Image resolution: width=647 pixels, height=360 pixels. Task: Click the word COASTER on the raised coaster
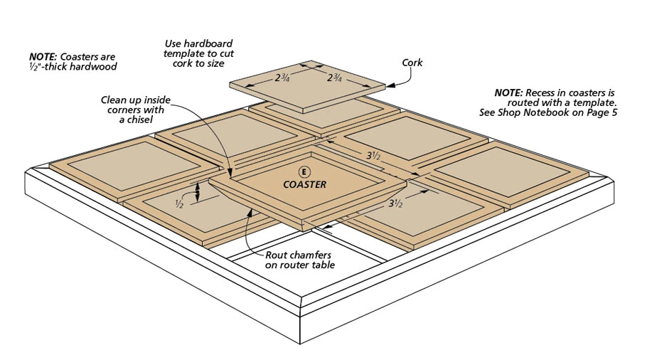(x=305, y=184)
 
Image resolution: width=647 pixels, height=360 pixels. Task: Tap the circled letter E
(x=305, y=171)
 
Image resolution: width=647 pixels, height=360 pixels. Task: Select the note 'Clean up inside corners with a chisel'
(x=132, y=110)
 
